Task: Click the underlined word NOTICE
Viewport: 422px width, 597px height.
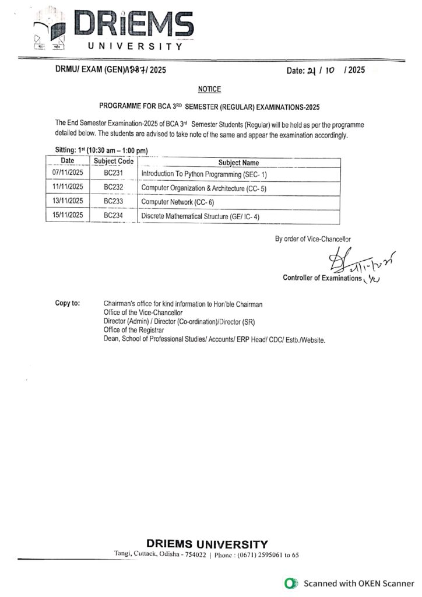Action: click(x=210, y=89)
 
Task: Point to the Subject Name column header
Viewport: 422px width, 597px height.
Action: click(x=238, y=163)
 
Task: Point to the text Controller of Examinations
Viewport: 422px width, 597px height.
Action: click(x=322, y=278)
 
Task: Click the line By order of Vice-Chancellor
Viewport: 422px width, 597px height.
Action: click(x=313, y=238)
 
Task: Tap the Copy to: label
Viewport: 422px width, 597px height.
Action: click(x=68, y=304)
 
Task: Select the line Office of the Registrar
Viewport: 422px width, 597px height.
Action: click(x=133, y=331)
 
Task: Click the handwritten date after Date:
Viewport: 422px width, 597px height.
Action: click(x=328, y=71)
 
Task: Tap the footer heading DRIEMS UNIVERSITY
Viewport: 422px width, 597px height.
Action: click(x=208, y=543)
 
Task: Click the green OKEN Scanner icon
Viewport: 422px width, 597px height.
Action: click(x=288, y=583)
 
